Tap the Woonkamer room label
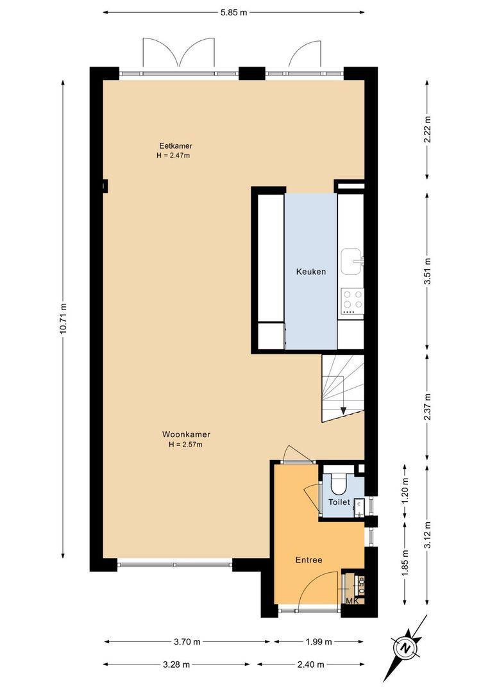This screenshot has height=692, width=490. pos(186,434)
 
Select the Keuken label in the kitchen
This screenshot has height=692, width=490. pos(310,272)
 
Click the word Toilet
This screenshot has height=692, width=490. pos(339,502)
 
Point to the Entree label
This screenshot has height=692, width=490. pos(308,560)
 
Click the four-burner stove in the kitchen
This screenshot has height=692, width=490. pos(351,299)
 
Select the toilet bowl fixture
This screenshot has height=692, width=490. pos(337,481)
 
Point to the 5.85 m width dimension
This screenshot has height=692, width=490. pos(233,12)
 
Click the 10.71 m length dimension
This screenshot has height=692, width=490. pos(63,318)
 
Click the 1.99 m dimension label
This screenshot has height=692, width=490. pos(318,641)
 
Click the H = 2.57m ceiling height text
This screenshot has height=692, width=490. pos(186,444)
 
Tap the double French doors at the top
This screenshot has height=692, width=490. pos(179,54)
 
